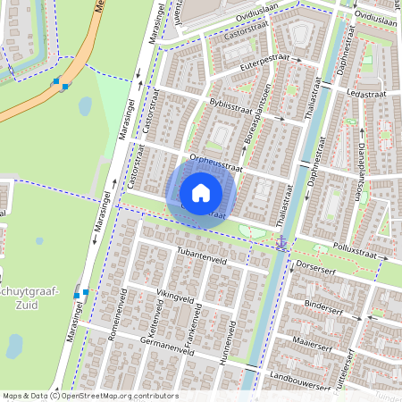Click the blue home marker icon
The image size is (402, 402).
[x=201, y=193]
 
